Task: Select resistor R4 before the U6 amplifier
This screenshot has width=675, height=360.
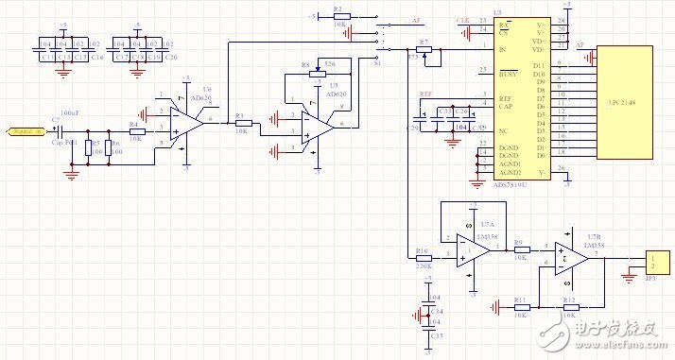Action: point(136,131)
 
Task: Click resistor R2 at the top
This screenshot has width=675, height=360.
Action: point(340,16)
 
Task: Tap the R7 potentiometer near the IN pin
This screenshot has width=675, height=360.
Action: point(424,50)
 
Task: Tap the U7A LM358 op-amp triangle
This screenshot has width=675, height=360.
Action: point(470,249)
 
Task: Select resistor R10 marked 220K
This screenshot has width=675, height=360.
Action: point(423,257)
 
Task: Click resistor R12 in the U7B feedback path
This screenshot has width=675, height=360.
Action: point(571,307)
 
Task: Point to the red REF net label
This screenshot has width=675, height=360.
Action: point(425,95)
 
